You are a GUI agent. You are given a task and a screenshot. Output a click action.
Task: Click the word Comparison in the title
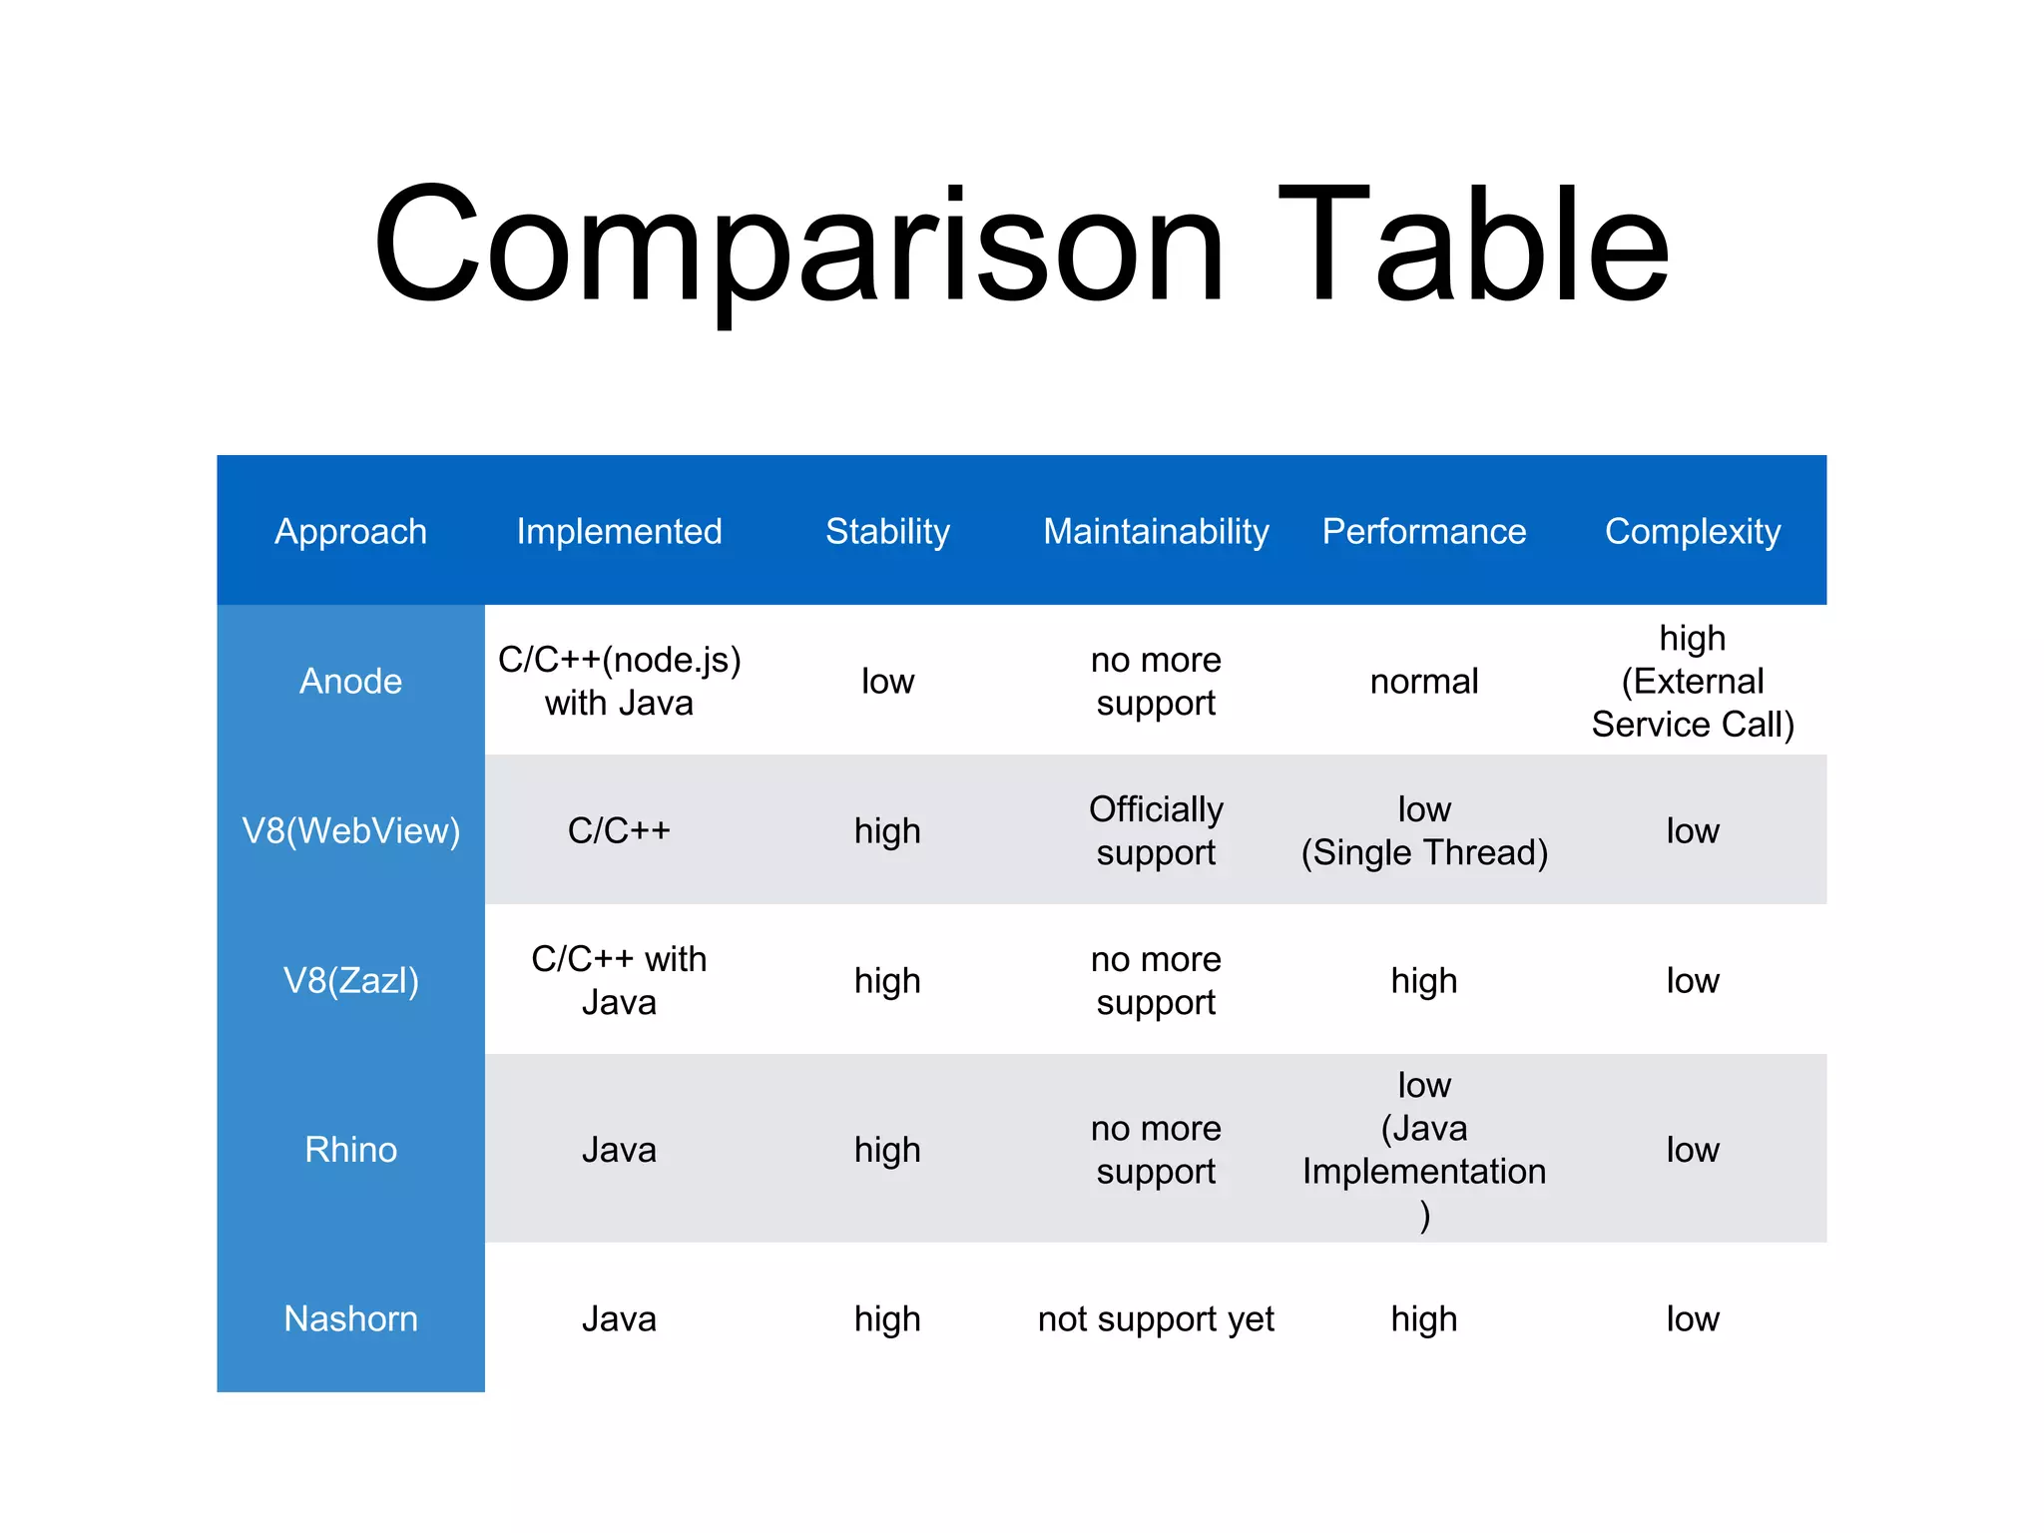(x=798, y=245)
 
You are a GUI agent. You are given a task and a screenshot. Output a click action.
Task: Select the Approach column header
(x=350, y=531)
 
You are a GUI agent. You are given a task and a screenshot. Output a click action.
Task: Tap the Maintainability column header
(x=1156, y=531)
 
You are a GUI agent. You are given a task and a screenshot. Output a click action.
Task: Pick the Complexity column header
(x=1692, y=531)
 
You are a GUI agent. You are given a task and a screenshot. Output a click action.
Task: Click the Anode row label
(x=350, y=681)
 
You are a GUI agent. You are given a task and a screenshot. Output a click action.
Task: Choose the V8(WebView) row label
(x=350, y=830)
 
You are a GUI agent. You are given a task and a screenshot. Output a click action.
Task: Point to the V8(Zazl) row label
(x=350, y=980)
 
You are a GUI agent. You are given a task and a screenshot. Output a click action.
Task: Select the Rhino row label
(x=350, y=1150)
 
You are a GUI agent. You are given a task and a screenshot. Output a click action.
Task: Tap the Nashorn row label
(x=350, y=1318)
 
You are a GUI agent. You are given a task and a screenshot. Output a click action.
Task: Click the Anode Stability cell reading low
(x=887, y=681)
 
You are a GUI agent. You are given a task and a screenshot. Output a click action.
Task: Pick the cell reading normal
(x=1424, y=681)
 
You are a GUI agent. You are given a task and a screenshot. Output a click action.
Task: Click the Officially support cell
(x=1156, y=830)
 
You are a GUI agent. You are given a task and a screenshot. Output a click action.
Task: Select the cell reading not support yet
(x=1156, y=1318)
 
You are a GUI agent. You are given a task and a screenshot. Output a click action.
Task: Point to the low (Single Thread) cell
(x=1424, y=830)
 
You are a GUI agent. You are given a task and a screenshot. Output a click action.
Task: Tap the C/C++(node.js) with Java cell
(x=619, y=681)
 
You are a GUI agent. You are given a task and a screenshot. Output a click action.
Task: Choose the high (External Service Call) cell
(x=1692, y=681)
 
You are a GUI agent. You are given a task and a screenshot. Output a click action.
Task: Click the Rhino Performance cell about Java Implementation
(x=1424, y=1150)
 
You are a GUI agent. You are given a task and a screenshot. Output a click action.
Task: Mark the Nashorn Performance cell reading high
(x=1424, y=1318)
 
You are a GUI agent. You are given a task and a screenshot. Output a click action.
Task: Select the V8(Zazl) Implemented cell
(x=619, y=980)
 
